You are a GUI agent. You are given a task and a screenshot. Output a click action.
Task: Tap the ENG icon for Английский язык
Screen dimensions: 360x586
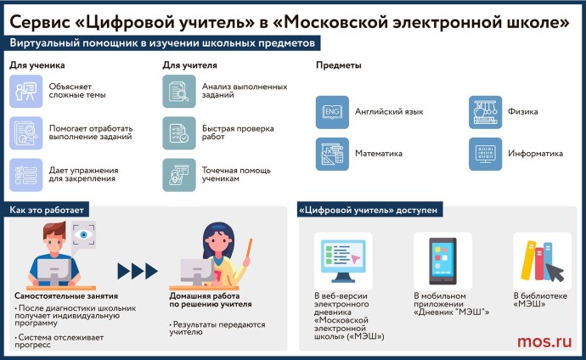click(x=330, y=112)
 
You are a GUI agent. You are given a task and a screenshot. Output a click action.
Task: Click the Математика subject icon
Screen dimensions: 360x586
click(x=330, y=154)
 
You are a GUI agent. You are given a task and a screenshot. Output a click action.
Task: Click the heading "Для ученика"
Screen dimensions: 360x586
click(x=37, y=65)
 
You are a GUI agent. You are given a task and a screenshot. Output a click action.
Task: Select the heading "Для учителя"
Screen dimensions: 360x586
click(x=189, y=65)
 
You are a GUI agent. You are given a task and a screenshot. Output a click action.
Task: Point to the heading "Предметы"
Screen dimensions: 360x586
click(x=339, y=65)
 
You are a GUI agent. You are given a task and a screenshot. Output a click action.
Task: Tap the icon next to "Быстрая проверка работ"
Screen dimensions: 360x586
click(x=178, y=133)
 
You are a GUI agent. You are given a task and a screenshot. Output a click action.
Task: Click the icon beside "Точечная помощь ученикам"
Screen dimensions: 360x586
click(x=178, y=174)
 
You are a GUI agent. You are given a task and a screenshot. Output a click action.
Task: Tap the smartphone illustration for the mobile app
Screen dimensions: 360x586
click(x=442, y=257)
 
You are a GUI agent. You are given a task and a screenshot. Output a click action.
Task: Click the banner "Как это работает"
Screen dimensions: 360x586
click(x=48, y=209)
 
